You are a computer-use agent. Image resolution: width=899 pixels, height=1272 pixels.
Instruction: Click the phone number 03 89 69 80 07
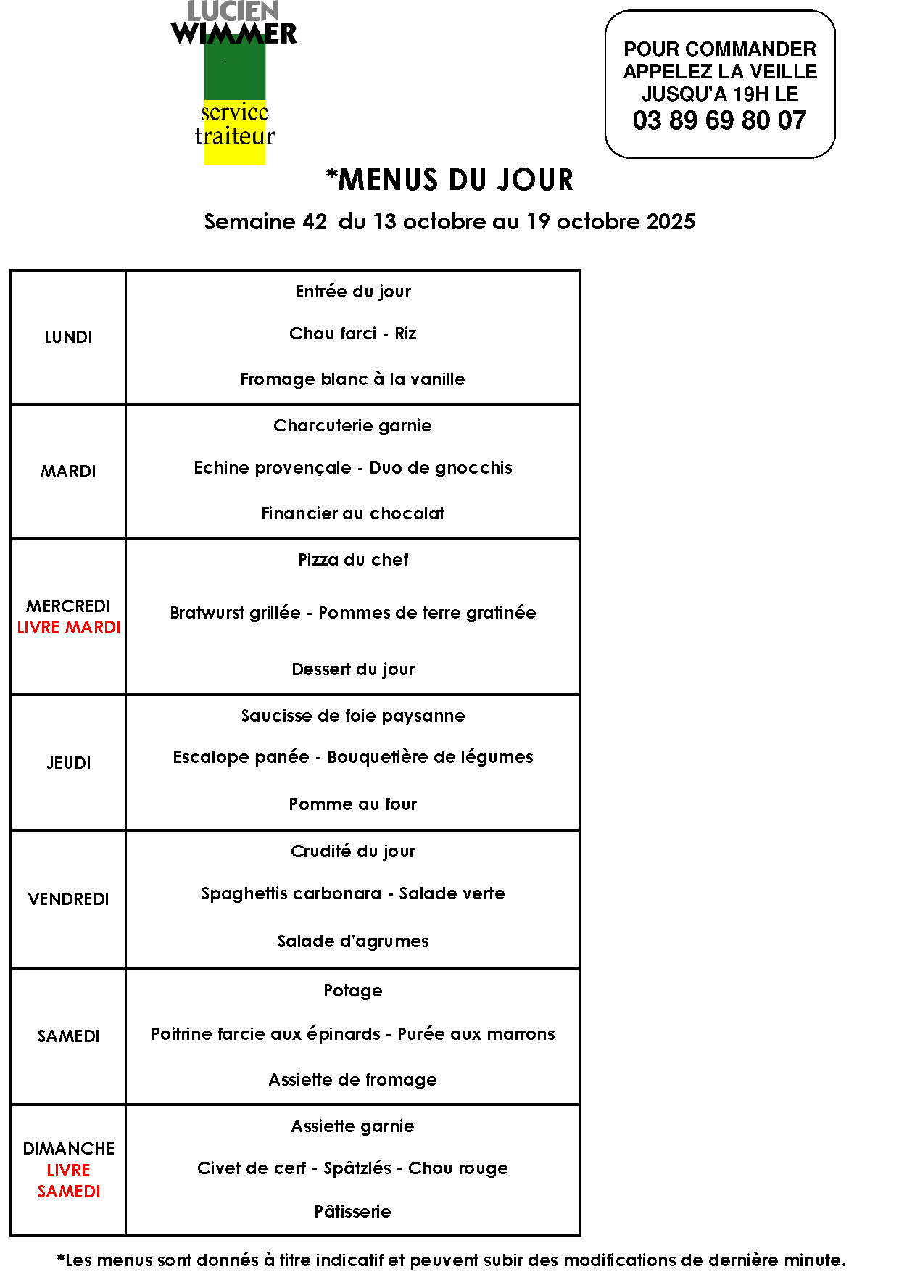(x=719, y=120)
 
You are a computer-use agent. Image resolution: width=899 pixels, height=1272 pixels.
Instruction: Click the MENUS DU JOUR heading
(x=449, y=180)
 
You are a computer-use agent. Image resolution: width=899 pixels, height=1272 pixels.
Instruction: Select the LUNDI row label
(x=68, y=337)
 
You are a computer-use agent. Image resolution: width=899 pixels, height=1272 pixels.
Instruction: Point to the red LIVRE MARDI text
(x=69, y=627)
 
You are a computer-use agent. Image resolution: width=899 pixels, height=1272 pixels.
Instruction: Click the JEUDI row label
(x=69, y=763)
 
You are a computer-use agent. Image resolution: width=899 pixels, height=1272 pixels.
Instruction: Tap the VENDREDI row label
(x=69, y=899)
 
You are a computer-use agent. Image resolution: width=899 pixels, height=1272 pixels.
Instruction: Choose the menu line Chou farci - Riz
(x=352, y=334)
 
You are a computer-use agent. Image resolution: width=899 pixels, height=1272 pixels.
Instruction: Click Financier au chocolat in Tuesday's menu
(x=352, y=513)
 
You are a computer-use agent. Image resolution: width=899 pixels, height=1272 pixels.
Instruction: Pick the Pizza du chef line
(x=353, y=560)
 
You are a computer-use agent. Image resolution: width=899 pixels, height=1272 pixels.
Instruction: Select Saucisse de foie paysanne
(x=353, y=716)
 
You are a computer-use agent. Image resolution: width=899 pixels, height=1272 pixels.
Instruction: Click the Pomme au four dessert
(x=353, y=804)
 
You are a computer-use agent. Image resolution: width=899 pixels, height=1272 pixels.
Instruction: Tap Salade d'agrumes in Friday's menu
(x=353, y=941)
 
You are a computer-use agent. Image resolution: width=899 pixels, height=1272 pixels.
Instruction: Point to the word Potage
(x=353, y=991)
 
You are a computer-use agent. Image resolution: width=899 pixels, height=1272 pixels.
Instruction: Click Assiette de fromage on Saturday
(x=353, y=1080)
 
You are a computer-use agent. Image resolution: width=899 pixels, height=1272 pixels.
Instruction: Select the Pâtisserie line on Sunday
(x=353, y=1212)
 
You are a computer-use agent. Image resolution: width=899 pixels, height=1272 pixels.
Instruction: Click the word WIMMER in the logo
(x=234, y=33)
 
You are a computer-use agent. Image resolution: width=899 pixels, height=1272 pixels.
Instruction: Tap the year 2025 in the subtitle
(x=671, y=222)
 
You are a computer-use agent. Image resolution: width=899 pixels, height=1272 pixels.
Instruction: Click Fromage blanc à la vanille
(x=352, y=379)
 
